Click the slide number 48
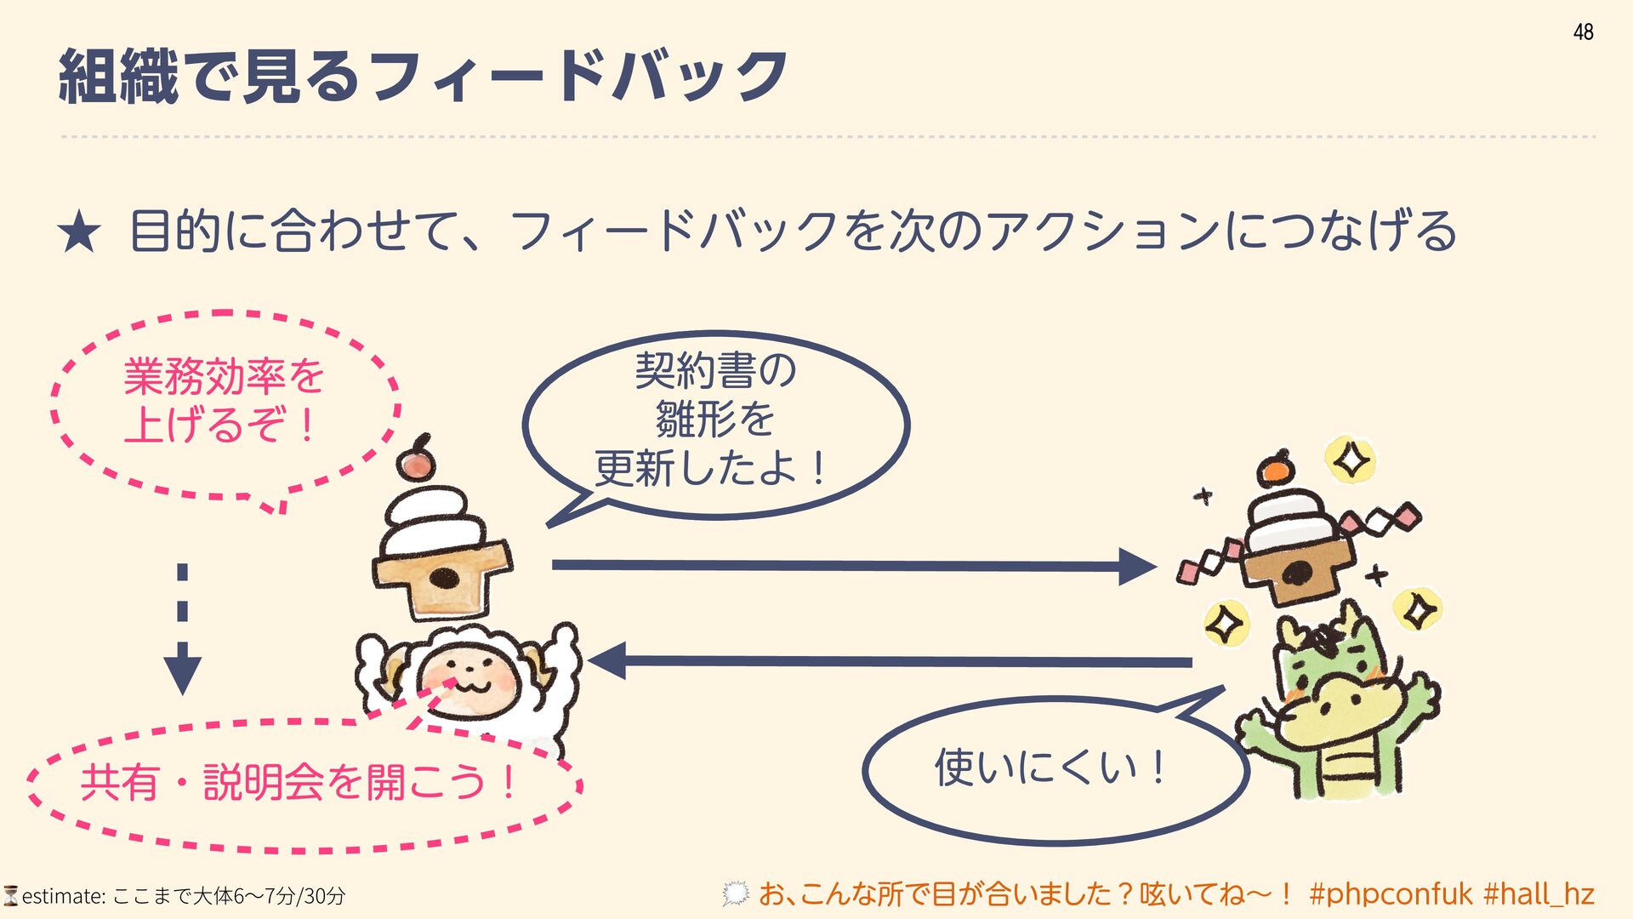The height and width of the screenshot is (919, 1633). pyautogui.click(x=1583, y=32)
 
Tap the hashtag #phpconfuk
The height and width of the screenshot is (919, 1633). pyautogui.click(x=1391, y=894)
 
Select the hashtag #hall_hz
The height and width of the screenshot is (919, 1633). pyautogui.click(x=1539, y=894)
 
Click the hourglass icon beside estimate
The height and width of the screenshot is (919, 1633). pyautogui.click(x=11, y=896)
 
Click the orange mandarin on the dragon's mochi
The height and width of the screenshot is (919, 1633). pyautogui.click(x=1276, y=470)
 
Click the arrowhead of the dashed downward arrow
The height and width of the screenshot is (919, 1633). pyautogui.click(x=182, y=674)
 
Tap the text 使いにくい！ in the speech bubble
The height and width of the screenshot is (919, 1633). pyautogui.click(x=1052, y=768)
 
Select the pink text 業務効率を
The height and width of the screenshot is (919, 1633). pyautogui.click(x=224, y=376)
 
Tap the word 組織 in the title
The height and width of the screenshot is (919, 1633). pyautogui.click(x=118, y=77)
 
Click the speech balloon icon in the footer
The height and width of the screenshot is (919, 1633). pyautogui.click(x=735, y=894)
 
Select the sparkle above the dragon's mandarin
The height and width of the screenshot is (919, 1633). pyautogui.click(x=1351, y=461)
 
